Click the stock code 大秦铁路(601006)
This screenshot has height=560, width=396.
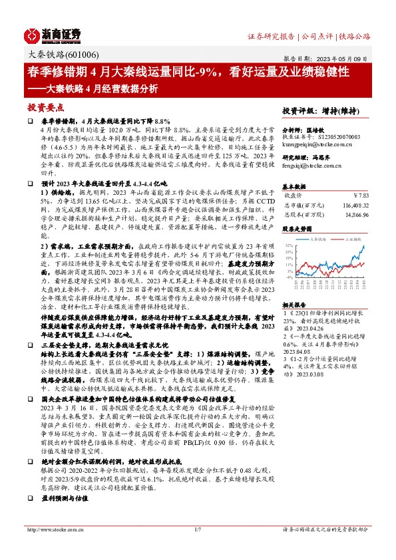[x=59, y=56]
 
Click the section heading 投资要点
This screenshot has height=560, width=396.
[x=45, y=107]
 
